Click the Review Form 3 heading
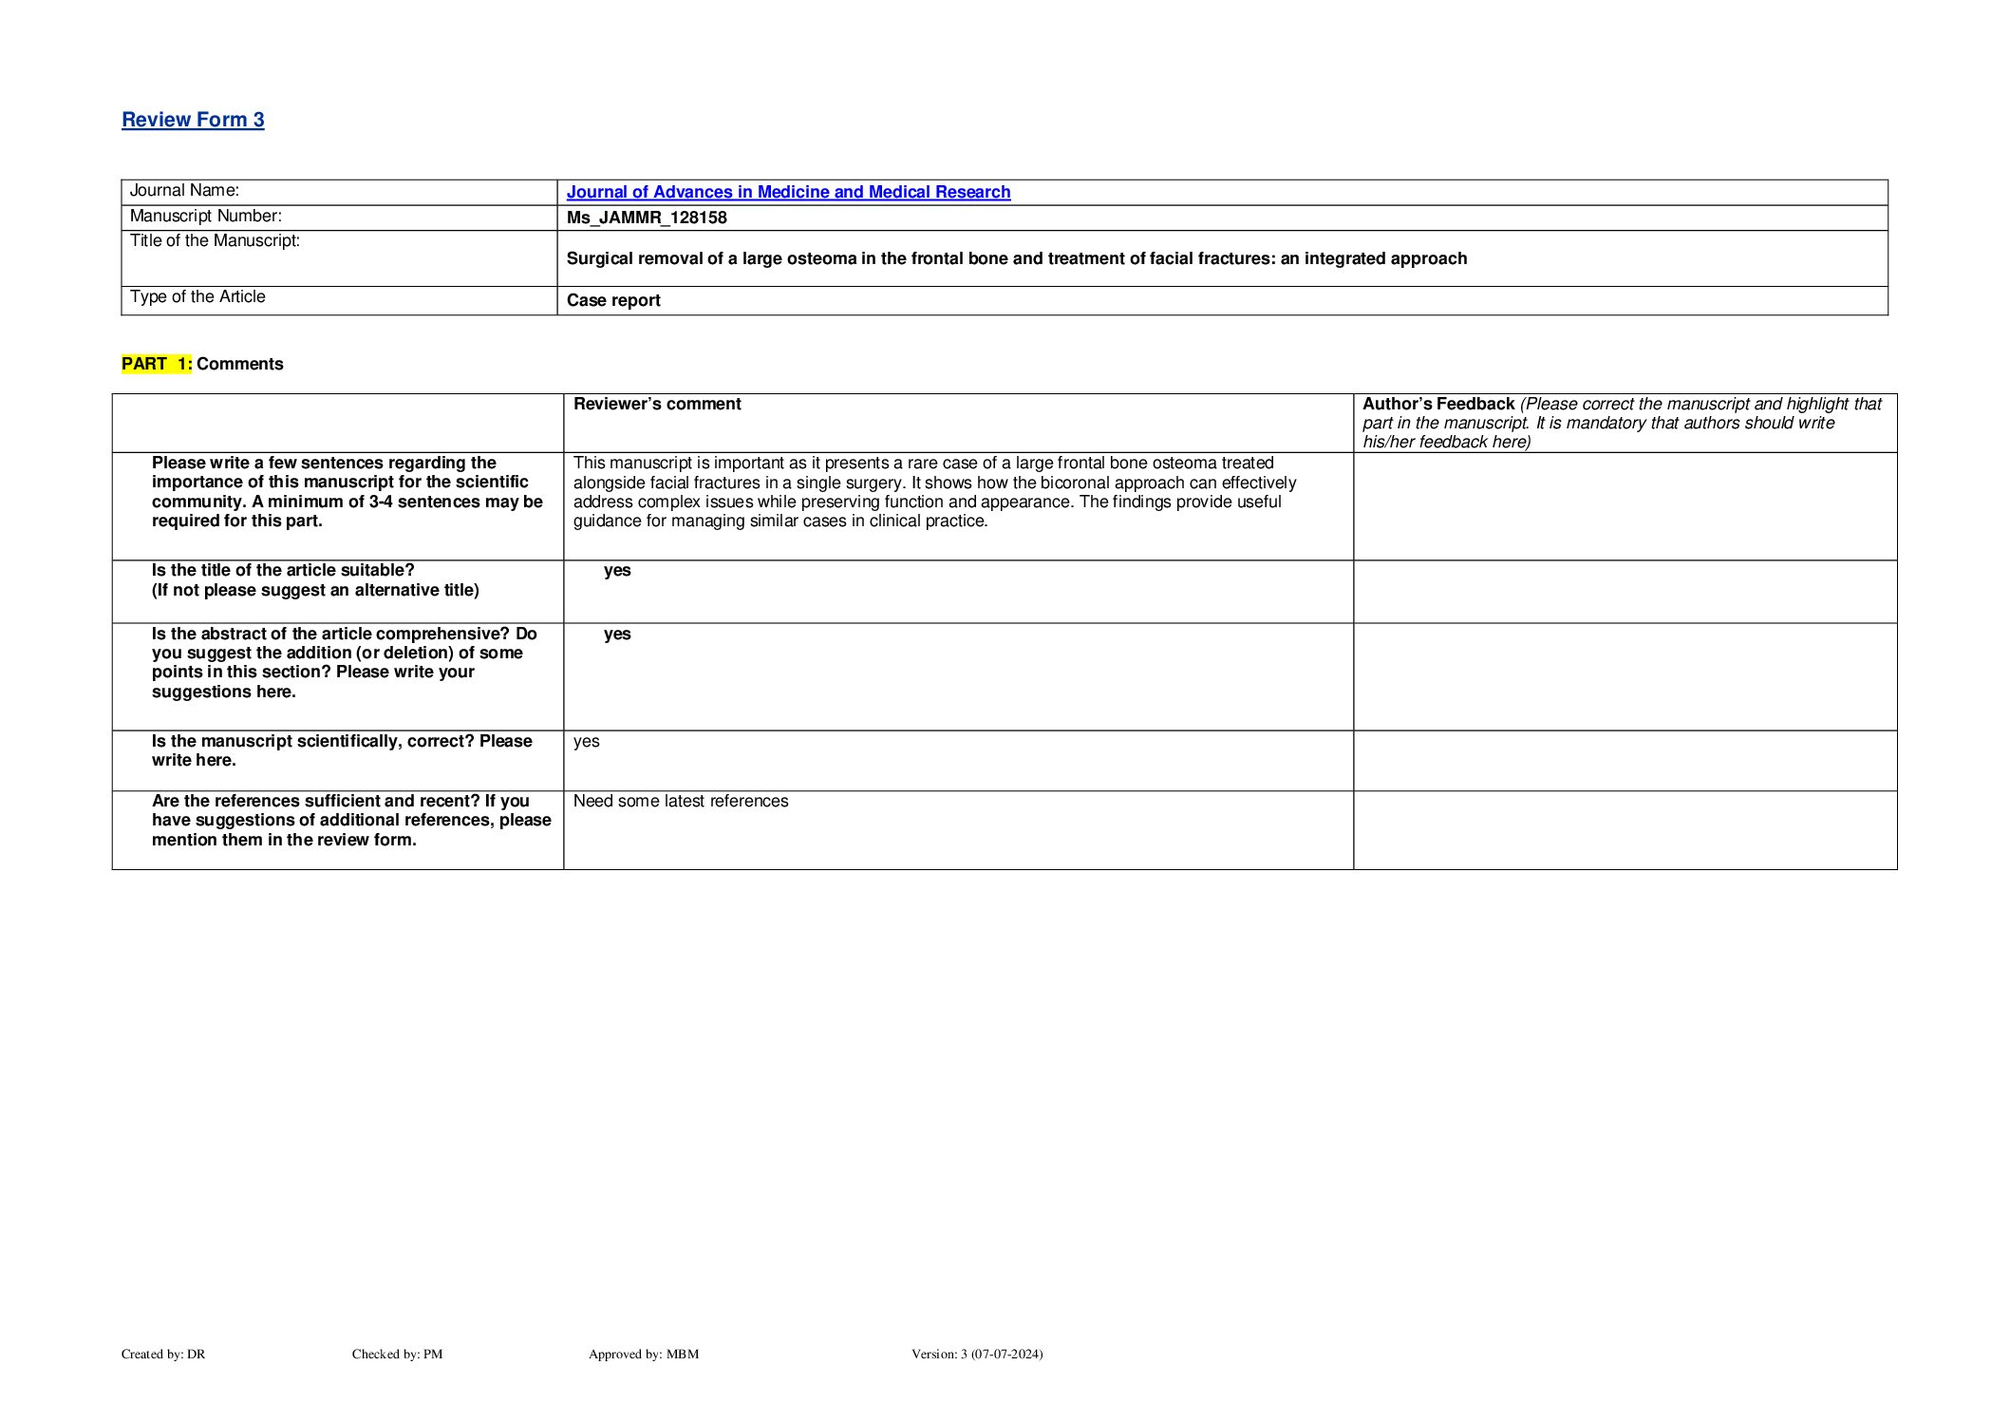click(193, 120)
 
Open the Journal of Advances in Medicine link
click(788, 192)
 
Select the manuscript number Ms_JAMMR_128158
click(647, 218)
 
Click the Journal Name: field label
click(184, 191)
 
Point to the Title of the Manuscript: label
click(215, 241)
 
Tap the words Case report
click(613, 300)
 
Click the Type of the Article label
click(197, 297)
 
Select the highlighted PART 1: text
click(157, 364)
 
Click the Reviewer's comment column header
click(657, 404)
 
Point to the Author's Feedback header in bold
click(1438, 404)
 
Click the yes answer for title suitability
click(617, 570)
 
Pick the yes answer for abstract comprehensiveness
click(617, 634)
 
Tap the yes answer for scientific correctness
click(587, 741)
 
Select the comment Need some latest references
click(681, 801)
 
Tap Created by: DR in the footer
click(163, 1354)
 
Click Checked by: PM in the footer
click(397, 1354)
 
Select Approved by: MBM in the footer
click(644, 1354)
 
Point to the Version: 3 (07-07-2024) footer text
click(977, 1354)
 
